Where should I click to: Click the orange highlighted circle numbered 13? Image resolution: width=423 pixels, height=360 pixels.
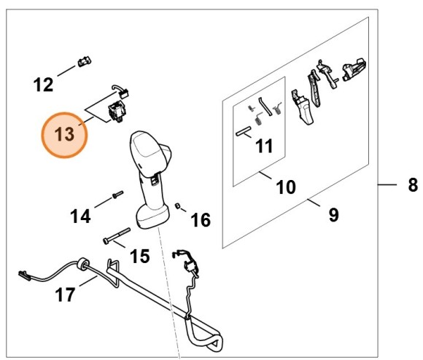(x=64, y=135)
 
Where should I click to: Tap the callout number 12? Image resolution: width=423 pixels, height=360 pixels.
(x=44, y=85)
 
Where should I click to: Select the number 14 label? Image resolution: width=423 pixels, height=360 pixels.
(x=82, y=216)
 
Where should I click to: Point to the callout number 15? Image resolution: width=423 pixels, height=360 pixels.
(x=139, y=256)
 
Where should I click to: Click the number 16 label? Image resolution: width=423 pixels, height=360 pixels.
(x=201, y=219)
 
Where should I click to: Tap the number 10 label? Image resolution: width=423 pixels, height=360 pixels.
(x=285, y=187)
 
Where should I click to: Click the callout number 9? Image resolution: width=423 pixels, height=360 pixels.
(x=334, y=214)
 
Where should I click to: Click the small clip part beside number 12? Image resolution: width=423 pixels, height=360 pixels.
(x=82, y=60)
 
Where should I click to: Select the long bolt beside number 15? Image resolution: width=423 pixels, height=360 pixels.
(x=115, y=235)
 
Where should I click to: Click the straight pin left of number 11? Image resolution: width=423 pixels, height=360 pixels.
(x=243, y=131)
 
